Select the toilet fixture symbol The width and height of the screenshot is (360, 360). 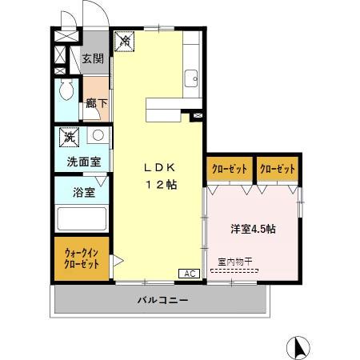(x=66, y=89)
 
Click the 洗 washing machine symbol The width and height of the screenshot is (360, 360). (x=70, y=137)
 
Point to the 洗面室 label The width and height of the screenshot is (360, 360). (x=83, y=161)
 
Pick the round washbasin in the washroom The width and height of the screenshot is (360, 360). (x=96, y=136)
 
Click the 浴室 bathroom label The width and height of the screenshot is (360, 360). (x=83, y=192)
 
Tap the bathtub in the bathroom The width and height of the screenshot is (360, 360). (x=82, y=219)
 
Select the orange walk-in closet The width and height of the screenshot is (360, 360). (x=82, y=259)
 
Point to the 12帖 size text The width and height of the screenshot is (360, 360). (x=160, y=185)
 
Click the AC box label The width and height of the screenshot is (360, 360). (x=190, y=274)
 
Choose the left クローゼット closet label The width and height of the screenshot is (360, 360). (x=229, y=169)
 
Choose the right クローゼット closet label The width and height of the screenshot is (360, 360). (x=277, y=169)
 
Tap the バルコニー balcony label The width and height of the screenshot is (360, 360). (x=162, y=301)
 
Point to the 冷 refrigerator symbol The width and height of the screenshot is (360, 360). (x=125, y=40)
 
